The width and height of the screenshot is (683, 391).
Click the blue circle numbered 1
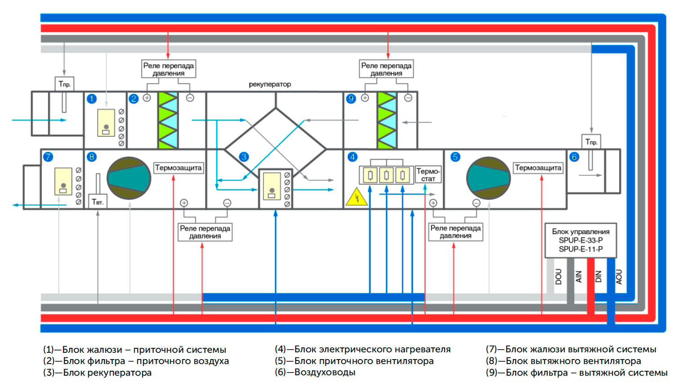coord(92,99)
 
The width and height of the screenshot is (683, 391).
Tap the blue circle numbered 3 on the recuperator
coord(243,157)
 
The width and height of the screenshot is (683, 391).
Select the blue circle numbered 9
coord(351,99)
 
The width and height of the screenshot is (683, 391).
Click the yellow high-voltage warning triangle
coord(356,197)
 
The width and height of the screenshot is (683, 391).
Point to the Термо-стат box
coord(428,175)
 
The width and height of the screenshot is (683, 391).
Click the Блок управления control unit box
coord(580,240)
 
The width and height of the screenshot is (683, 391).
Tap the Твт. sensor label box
coord(98,202)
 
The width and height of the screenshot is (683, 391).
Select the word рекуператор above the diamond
coord(270,84)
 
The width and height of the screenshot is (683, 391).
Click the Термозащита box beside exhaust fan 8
coord(178,168)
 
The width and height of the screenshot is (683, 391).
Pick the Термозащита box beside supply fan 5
coord(538,168)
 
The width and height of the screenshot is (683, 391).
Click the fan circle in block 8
coord(129,178)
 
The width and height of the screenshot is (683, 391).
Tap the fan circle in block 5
coord(489,178)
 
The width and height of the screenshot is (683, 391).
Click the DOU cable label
coord(558,276)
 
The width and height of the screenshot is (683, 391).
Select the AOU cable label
coord(619,276)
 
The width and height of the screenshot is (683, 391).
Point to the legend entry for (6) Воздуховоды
coord(315,372)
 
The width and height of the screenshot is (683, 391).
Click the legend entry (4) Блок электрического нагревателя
coord(363,349)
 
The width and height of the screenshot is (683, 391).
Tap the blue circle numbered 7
coord(48,157)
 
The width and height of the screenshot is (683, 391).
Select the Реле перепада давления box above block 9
coord(386,69)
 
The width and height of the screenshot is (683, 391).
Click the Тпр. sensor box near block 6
coord(591,142)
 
